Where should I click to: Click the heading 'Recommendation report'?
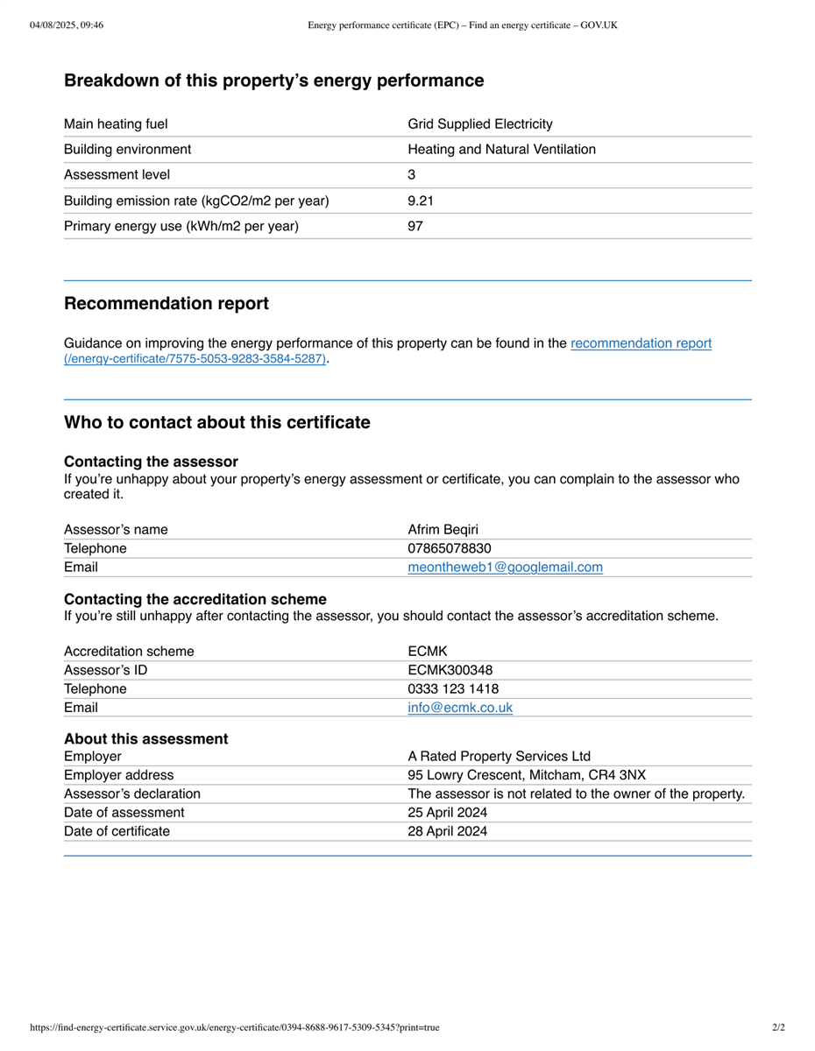(167, 304)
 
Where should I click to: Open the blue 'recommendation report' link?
(641, 343)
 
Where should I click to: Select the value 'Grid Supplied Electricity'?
(480, 124)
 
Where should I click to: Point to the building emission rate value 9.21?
(421, 201)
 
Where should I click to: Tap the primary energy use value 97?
(415, 226)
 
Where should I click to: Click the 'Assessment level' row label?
(117, 175)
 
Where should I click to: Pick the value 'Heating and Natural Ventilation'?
(501, 150)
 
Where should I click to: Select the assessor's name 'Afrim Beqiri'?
(443, 529)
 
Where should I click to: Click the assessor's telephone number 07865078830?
(450, 548)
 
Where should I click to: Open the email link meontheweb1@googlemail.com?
(505, 568)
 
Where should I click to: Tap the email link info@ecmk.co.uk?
(460, 708)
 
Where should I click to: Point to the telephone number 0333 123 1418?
(453, 688)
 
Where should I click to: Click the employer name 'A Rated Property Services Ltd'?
(499, 756)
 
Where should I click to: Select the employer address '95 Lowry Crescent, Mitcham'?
(527, 775)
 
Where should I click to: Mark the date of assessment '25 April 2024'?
(447, 813)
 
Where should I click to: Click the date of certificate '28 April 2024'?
(447, 831)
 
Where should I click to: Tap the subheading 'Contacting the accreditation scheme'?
(195, 599)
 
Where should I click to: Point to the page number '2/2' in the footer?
(778, 1027)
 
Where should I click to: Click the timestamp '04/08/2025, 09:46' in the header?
(67, 25)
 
